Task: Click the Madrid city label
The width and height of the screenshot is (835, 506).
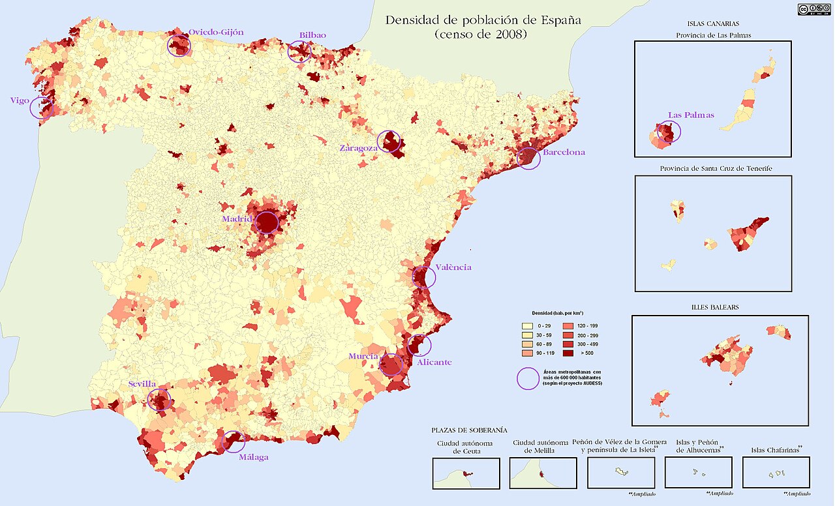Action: (x=236, y=219)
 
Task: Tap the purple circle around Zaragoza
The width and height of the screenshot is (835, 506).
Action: (x=389, y=141)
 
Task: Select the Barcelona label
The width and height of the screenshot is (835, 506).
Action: (x=564, y=153)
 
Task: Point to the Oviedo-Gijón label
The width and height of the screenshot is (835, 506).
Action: (x=216, y=32)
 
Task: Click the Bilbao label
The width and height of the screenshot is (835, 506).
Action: (x=312, y=35)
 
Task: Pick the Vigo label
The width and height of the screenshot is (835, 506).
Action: (x=20, y=100)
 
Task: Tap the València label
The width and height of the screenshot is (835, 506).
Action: (x=453, y=267)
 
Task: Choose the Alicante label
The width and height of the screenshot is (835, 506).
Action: (x=434, y=363)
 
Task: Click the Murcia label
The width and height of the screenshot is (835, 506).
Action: (x=363, y=357)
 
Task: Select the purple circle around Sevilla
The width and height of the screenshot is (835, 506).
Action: (x=159, y=399)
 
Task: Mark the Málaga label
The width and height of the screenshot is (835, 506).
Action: (x=253, y=457)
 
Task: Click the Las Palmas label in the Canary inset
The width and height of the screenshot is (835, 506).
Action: (x=691, y=115)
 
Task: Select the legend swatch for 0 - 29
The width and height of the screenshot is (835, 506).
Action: (x=527, y=325)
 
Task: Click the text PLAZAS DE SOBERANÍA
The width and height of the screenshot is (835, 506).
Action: (x=469, y=430)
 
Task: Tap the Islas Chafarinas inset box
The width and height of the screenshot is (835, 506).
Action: (x=776, y=473)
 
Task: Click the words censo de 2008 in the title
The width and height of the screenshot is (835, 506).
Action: (x=481, y=35)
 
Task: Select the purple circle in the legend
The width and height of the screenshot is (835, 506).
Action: (x=528, y=378)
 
